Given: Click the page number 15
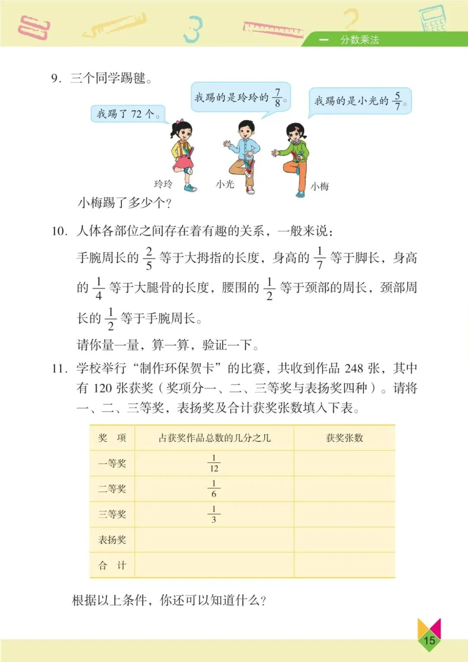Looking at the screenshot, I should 429,640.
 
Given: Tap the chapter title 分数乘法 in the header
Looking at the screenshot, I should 359,40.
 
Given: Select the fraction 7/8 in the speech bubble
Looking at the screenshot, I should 278,98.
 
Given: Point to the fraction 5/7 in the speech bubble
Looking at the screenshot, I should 397,101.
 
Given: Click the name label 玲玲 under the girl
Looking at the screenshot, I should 163,184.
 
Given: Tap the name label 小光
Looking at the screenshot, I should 225,184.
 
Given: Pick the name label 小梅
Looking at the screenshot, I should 320,187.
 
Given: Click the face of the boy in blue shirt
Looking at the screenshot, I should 246,131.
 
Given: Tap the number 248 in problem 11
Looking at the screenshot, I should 354,368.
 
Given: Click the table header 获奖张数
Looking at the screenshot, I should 344,438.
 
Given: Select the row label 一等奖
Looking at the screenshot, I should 112,463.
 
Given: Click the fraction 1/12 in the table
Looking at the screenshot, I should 214,463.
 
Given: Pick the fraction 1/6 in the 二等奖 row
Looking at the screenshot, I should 214,489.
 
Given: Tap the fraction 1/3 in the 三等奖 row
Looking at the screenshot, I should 214,514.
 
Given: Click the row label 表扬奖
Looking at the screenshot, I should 112,540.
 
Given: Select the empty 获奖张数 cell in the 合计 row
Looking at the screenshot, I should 344,565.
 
